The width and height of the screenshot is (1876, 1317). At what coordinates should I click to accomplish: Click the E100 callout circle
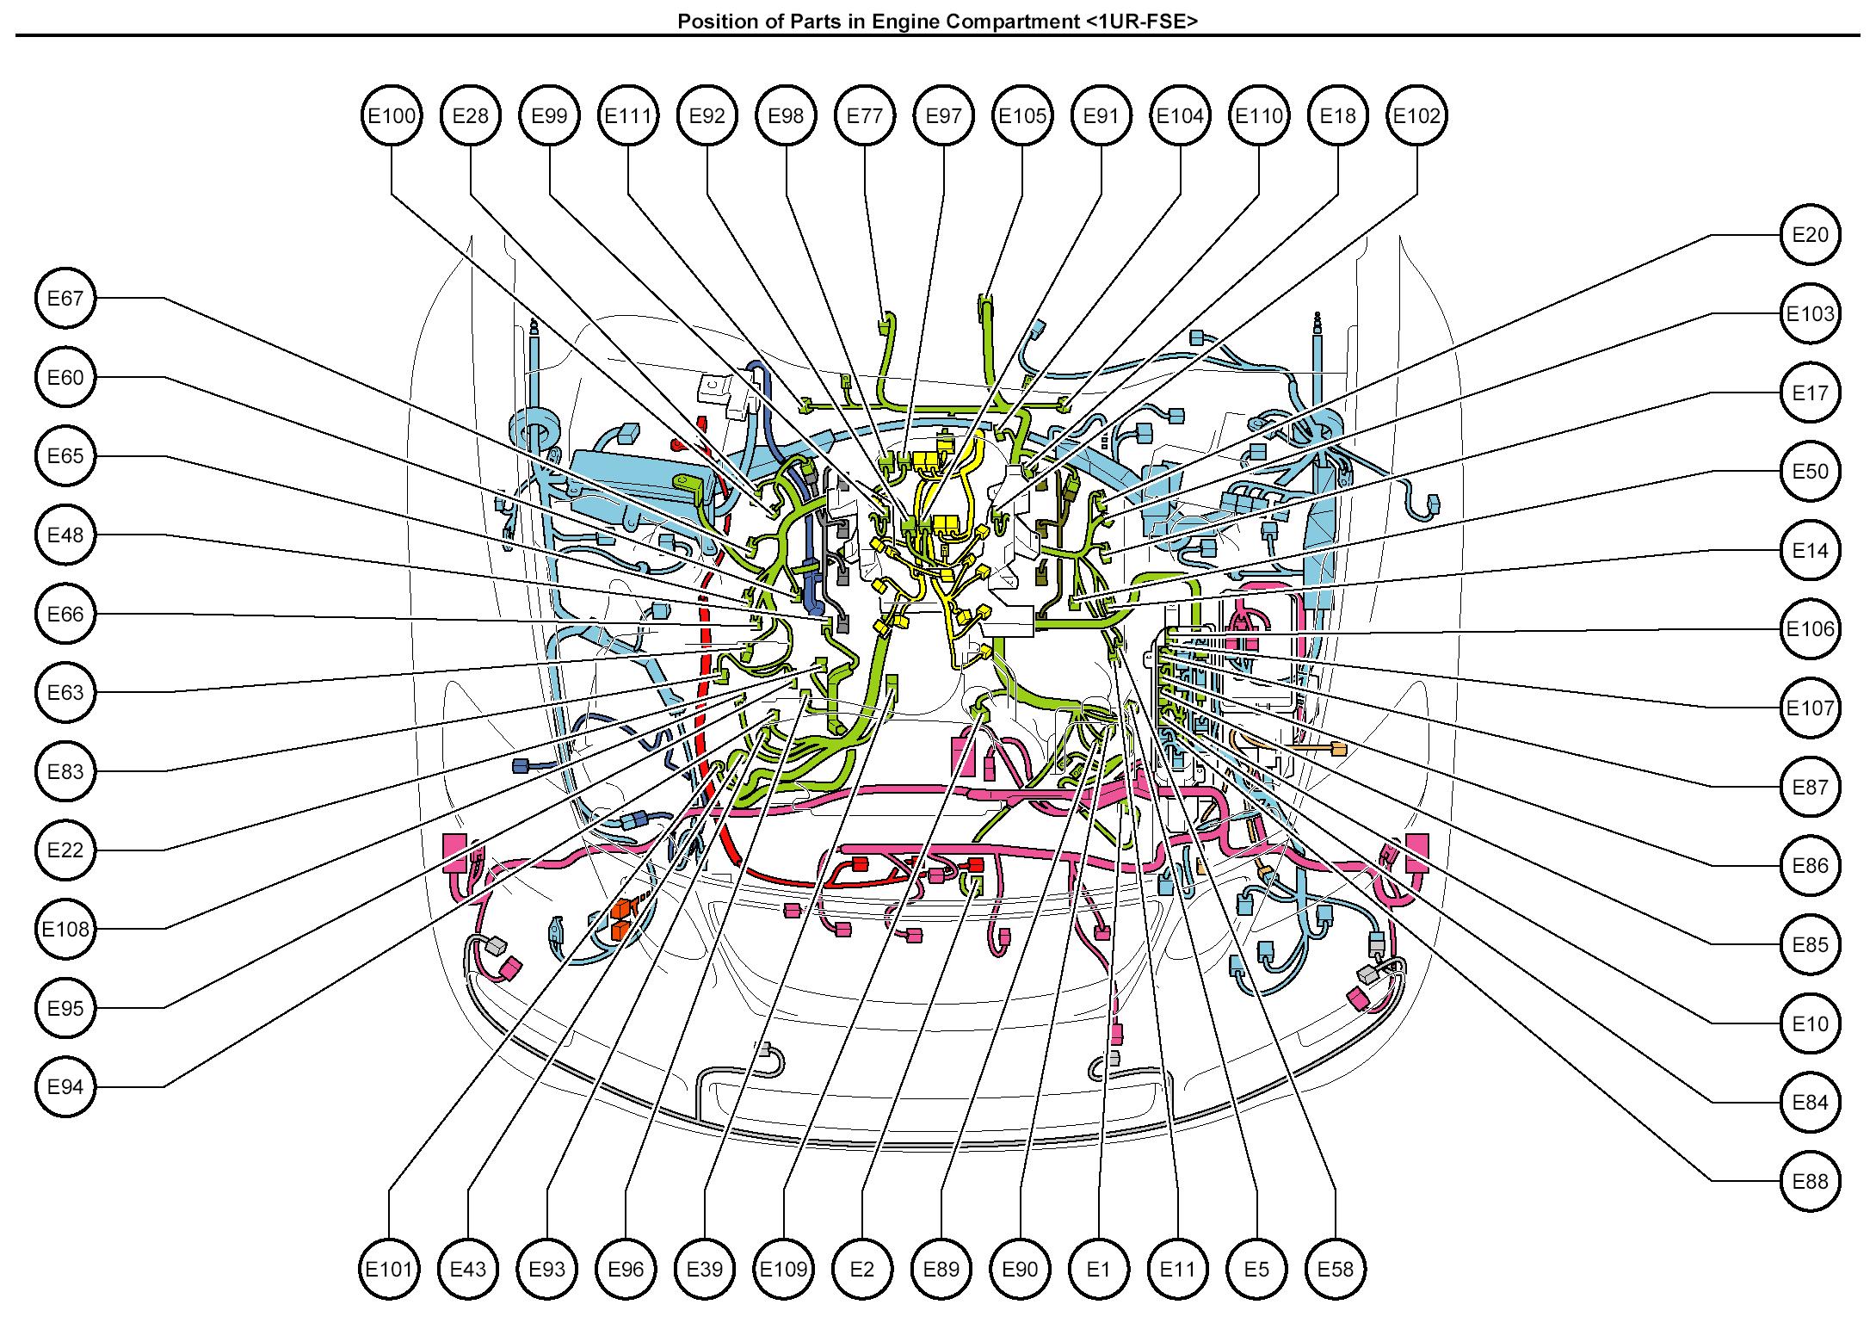click(x=392, y=115)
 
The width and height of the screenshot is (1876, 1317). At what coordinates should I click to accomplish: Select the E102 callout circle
click(x=1416, y=115)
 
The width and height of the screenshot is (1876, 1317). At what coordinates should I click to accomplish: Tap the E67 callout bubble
click(x=65, y=298)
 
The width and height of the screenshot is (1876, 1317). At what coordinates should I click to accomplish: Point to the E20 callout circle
click(x=1810, y=234)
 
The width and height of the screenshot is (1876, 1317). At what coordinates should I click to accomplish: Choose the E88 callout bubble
click(x=1810, y=1181)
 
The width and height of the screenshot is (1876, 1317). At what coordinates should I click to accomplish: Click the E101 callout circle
click(x=390, y=1269)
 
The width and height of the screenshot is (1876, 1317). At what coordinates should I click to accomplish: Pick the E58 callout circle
click(x=1336, y=1269)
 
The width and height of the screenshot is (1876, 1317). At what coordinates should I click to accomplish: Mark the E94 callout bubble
click(x=65, y=1086)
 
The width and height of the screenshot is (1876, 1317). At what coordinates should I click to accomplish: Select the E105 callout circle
click(x=1022, y=115)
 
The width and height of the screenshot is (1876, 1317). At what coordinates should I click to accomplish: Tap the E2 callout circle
click(x=862, y=1269)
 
